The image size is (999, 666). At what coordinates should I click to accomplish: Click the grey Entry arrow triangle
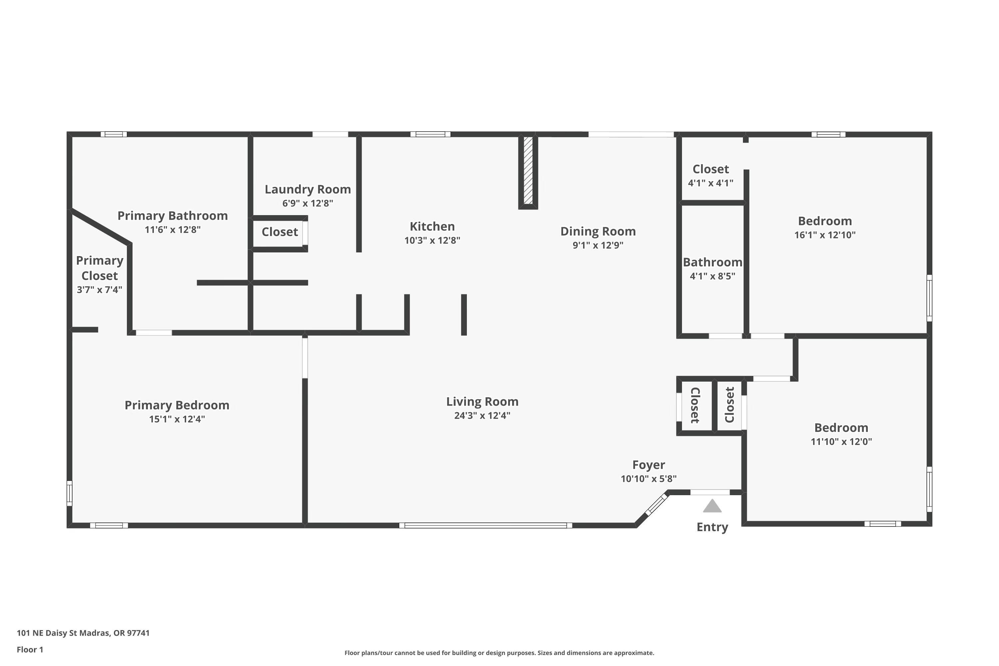[x=712, y=506]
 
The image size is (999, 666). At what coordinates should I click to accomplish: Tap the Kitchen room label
[x=432, y=226]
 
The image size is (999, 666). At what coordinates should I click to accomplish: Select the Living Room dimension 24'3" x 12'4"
[x=482, y=415]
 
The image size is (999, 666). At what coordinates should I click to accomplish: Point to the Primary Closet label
[x=99, y=268]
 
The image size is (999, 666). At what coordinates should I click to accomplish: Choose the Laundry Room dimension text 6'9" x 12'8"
[x=307, y=203]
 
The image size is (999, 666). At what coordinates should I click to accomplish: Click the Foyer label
[x=648, y=465]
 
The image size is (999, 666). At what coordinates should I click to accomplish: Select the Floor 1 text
[x=30, y=649]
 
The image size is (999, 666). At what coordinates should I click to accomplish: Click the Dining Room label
[x=598, y=231]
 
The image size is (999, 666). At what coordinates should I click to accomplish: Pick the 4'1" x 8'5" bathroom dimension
[x=712, y=276]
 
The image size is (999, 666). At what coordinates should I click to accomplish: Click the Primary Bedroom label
[x=177, y=405]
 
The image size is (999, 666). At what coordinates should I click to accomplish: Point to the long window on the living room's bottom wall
[x=485, y=525]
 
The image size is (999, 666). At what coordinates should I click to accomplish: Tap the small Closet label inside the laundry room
[x=279, y=232]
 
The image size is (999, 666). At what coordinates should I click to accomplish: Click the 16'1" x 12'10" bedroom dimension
[x=825, y=235]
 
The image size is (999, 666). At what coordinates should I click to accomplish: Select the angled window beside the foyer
[x=656, y=504]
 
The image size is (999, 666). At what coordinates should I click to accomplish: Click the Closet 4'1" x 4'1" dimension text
[x=711, y=183]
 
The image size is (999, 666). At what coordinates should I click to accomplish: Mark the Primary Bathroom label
[x=172, y=216]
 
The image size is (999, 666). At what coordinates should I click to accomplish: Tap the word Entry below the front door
[x=712, y=527]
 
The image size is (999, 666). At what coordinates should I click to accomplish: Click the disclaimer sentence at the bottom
[x=499, y=653]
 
